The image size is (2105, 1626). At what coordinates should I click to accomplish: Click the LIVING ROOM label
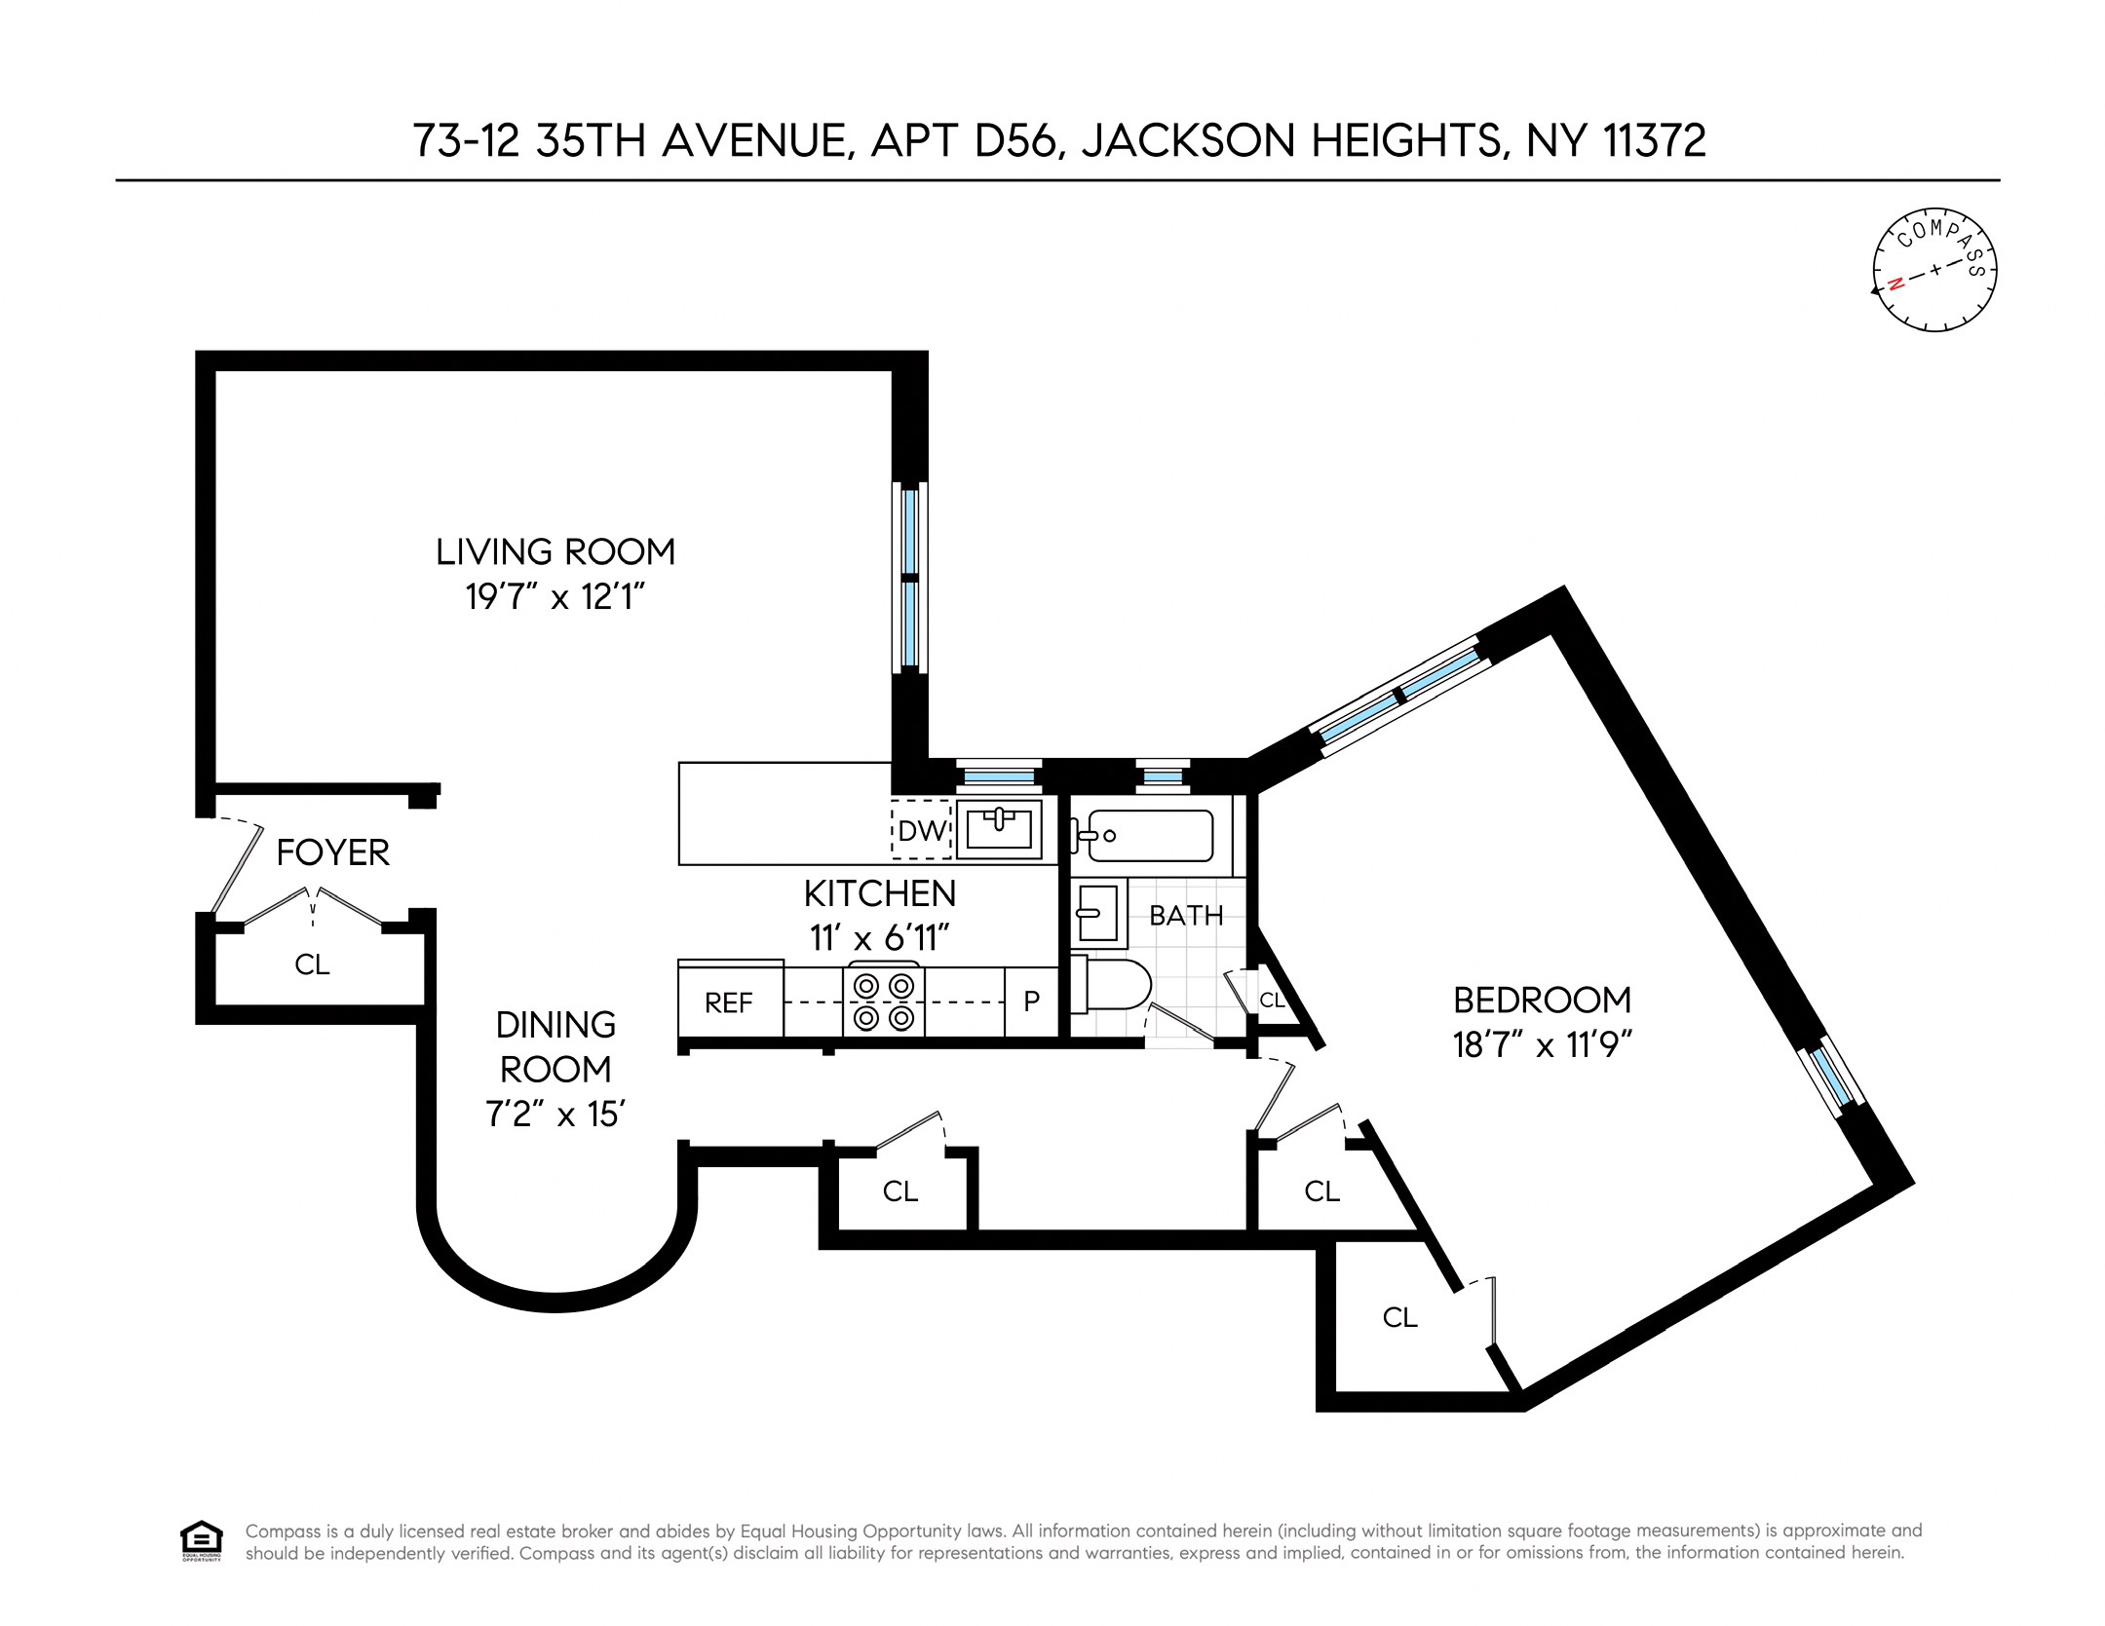click(555, 551)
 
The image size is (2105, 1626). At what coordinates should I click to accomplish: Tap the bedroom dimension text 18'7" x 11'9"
click(1541, 1044)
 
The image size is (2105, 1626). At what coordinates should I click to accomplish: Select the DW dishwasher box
click(921, 830)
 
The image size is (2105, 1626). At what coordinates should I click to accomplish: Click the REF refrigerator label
click(729, 1002)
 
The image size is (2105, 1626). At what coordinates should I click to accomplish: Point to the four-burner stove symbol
click(883, 1002)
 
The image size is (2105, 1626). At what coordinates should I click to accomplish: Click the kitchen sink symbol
click(999, 829)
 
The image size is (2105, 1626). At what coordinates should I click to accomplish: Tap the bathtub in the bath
click(1150, 835)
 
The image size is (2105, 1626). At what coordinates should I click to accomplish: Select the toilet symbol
click(1113, 984)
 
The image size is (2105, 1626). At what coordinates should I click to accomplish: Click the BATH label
click(1186, 916)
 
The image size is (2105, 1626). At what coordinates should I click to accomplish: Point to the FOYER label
click(332, 852)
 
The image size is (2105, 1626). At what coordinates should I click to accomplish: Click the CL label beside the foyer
click(312, 964)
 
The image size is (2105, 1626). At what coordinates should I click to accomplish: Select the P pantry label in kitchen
click(1031, 1001)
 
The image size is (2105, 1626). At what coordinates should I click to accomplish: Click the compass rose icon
click(1933, 270)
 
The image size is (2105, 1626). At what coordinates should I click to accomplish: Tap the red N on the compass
click(1895, 284)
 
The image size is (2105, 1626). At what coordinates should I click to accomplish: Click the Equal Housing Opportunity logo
click(202, 1540)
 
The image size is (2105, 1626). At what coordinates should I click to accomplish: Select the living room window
click(909, 578)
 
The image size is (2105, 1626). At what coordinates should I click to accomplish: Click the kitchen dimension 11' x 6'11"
click(879, 937)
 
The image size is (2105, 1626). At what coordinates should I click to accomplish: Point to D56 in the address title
click(1014, 140)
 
